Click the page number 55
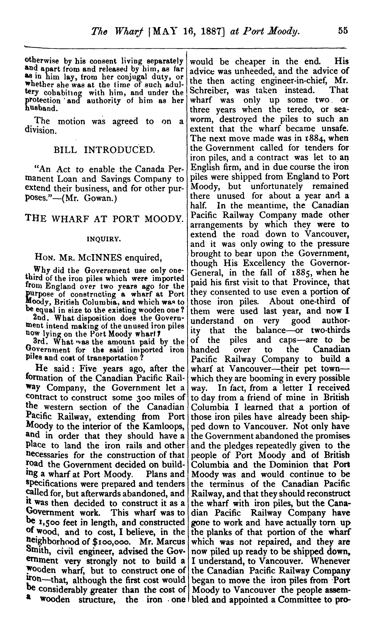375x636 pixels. point(343,31)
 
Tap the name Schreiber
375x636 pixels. point(210,90)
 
